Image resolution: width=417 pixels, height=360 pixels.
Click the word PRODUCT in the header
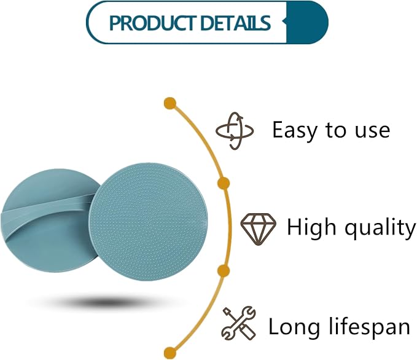click(153, 23)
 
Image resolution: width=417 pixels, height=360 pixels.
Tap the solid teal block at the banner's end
click(307, 22)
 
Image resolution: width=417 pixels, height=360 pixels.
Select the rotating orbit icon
click(235, 131)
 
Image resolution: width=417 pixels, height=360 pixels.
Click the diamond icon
click(258, 229)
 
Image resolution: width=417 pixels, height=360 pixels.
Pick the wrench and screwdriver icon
click(238, 323)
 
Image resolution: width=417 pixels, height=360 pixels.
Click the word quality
click(380, 227)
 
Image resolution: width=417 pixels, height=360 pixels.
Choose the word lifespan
click(369, 326)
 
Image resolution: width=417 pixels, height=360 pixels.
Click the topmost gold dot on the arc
click(170, 103)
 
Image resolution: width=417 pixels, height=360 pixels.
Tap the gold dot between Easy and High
click(224, 183)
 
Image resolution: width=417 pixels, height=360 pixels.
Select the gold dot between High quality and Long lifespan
click(224, 271)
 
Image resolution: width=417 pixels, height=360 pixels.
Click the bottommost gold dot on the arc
click(170, 353)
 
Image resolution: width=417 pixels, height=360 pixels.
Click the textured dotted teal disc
click(148, 222)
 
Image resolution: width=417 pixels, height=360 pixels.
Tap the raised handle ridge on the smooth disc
click(45, 213)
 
